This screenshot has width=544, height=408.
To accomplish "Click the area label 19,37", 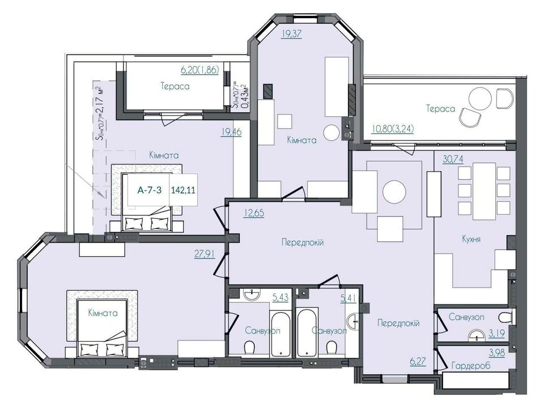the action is (292, 33).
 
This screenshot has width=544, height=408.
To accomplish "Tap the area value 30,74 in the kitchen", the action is (453, 159).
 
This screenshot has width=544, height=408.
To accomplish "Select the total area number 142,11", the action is (183, 190).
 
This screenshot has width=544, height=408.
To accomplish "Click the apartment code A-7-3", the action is (150, 190).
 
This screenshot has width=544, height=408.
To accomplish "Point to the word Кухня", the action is (471, 239).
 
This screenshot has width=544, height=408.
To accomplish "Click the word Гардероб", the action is (471, 365).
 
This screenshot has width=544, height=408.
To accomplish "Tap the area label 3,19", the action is (497, 333).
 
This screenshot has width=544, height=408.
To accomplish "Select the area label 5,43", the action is (280, 297).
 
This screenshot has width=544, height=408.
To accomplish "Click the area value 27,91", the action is (205, 254).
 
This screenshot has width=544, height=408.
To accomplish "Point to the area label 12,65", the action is (254, 212).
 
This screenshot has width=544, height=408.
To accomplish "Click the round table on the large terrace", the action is (480, 98).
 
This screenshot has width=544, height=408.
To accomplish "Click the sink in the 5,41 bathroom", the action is (355, 321).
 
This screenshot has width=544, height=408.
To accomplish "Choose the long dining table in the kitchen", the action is (484, 191).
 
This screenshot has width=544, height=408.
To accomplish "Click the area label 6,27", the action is (418, 362).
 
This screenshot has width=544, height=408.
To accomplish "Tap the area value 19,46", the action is (231, 132).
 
